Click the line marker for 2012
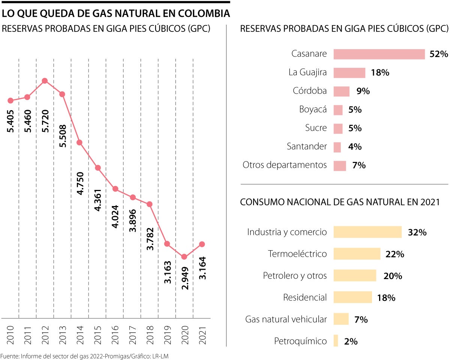pyautogui.click(x=45, y=81)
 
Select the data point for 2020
pyautogui.click(x=184, y=257)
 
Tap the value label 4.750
pyautogui.click(x=79, y=184)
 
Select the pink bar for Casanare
pyautogui.click(x=379, y=54)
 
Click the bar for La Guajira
pyautogui.click(x=349, y=73)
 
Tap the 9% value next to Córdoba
pyautogui.click(x=363, y=91)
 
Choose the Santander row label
pyautogui.click(x=307, y=146)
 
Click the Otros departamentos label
pyautogui.click(x=285, y=165)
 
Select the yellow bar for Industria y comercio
pyautogui.click(x=367, y=232)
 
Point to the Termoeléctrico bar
pyautogui.click(x=357, y=254)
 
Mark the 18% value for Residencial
pyautogui.click(x=386, y=298)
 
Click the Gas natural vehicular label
pyautogui.click(x=286, y=320)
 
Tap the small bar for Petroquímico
pyautogui.click(x=336, y=341)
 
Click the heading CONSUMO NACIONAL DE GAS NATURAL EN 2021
pyautogui.click(x=339, y=202)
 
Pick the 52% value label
pyautogui.click(x=439, y=54)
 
